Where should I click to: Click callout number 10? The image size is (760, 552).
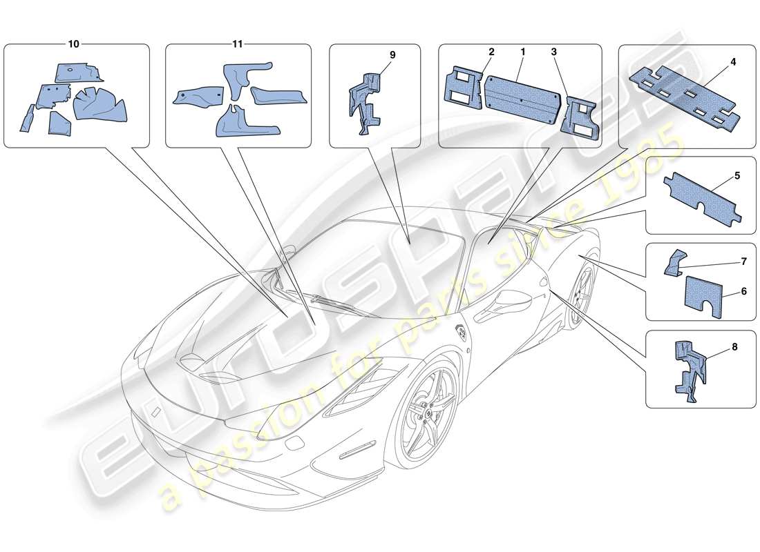point(73,43)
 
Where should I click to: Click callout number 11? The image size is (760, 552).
point(237,43)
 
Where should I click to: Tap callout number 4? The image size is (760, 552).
point(733,61)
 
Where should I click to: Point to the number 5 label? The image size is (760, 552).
point(737,176)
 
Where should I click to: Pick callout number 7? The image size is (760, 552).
point(744,262)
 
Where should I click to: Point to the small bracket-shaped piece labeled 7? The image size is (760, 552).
point(676,262)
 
